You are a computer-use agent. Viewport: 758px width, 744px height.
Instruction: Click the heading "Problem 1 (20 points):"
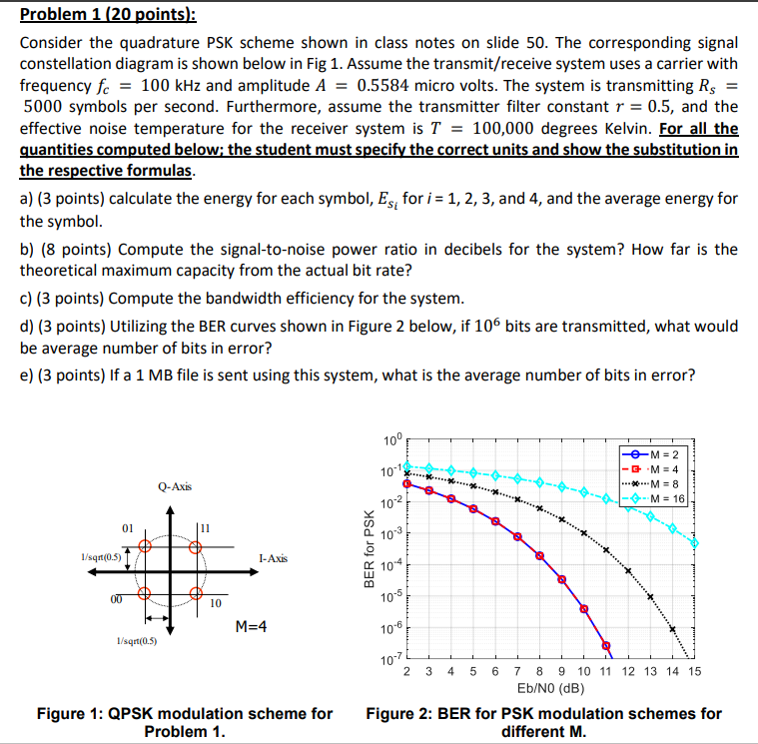pos(95,14)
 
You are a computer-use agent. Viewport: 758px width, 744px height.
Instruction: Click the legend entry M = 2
pos(666,457)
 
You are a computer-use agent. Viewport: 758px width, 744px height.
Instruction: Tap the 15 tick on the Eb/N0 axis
pos(695,673)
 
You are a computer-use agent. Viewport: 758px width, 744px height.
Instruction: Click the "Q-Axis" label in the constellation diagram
pos(175,486)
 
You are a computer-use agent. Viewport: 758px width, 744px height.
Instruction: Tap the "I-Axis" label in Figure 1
pos(275,558)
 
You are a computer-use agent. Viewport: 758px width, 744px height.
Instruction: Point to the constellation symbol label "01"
pos(128,524)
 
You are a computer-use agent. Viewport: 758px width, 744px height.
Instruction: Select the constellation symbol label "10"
pos(215,603)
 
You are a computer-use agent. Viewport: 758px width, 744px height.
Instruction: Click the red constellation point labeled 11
pos(195,546)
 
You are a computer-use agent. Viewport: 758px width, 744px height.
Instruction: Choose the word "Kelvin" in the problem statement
pos(624,129)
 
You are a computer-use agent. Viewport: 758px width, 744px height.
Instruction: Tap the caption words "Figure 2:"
pos(402,714)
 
